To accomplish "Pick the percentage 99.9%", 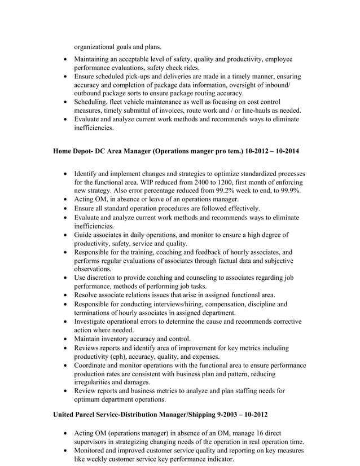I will pyautogui.click(x=291, y=191).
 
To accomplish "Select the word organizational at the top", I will pyautogui.click(x=97, y=47).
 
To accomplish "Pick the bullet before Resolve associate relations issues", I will pyautogui.click(x=67, y=295).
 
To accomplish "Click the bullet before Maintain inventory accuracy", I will pyautogui.click(x=67, y=339).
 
